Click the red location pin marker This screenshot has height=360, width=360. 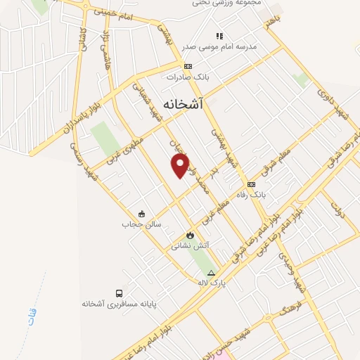click(x=181, y=166)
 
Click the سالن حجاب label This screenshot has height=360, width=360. click(x=142, y=225)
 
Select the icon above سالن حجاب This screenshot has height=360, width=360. click(x=142, y=214)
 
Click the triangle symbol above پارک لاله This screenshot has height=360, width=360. click(x=210, y=273)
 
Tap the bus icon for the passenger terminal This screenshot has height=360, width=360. click(x=120, y=292)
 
